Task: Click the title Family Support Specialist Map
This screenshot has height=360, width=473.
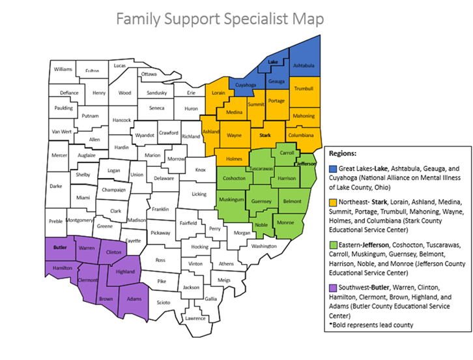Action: click(x=220, y=19)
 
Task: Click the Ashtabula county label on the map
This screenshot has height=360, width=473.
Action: click(x=304, y=66)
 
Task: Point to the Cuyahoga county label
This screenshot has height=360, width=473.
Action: click(x=246, y=85)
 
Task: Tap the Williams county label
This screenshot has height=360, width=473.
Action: click(x=63, y=69)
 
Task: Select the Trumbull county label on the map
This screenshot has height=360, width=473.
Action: click(x=304, y=88)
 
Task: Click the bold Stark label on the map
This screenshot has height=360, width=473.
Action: click(x=265, y=136)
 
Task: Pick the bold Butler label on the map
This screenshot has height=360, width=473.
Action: click(x=61, y=248)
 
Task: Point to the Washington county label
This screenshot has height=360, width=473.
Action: click(x=264, y=246)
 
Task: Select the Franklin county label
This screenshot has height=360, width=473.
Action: click(x=160, y=209)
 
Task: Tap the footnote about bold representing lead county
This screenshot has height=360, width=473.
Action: click(x=373, y=325)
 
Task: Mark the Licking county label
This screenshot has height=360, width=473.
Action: click(x=199, y=194)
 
